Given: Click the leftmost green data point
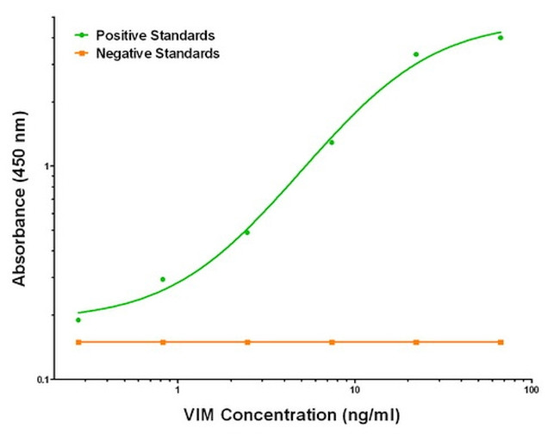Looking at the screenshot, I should point(78,319).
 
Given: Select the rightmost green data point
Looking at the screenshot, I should point(501,38).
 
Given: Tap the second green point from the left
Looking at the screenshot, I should point(163,279).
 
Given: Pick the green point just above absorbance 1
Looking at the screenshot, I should point(332,142).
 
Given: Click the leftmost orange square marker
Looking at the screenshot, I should point(78,342).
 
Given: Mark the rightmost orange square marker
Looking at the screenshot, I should point(501,342).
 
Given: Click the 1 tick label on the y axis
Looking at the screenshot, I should point(49,165).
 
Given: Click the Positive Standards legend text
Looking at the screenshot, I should point(156,35).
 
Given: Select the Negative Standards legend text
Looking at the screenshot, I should point(158,53).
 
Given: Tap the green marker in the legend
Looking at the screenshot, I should point(82,35).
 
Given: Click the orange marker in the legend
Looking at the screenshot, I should point(82,53).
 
